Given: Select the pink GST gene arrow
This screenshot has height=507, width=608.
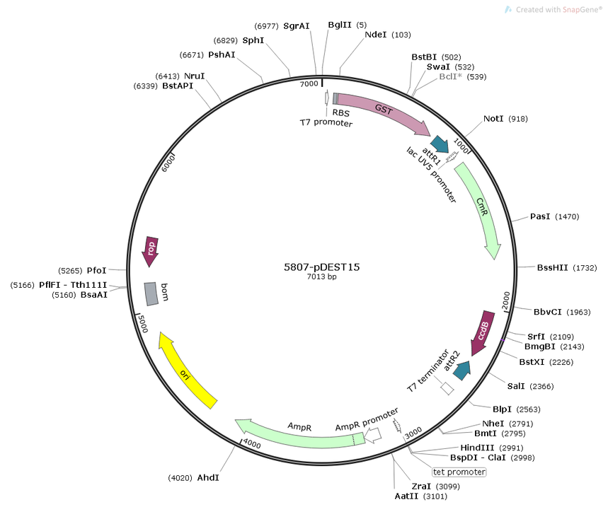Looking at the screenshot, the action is [x=384, y=110].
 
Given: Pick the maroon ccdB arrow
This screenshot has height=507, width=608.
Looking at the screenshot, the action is [x=482, y=332].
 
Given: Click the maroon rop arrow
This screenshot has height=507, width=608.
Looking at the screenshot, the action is [x=150, y=251].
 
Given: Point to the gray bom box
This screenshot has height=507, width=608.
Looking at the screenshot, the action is [x=151, y=294].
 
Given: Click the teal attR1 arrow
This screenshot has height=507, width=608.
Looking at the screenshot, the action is [x=440, y=144].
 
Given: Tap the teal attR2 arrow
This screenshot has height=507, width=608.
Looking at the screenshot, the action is [x=461, y=371].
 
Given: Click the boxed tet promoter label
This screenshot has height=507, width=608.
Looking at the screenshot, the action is [x=459, y=472].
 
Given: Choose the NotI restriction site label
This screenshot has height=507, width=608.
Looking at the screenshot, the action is [x=493, y=119].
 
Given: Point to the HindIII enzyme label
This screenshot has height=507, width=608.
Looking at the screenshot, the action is [x=477, y=448].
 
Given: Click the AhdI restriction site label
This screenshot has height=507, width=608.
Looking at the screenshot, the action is [x=208, y=477].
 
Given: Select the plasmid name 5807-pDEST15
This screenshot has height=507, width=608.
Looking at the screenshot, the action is [x=322, y=267].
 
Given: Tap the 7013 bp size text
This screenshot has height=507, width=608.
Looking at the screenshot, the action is [x=322, y=277].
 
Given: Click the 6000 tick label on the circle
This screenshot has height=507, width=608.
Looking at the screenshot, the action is [x=168, y=163].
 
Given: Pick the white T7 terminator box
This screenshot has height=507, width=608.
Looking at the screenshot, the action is [x=447, y=388].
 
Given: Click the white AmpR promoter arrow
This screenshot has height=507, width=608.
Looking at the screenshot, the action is [x=373, y=436].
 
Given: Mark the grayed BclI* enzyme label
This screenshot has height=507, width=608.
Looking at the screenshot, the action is [x=451, y=76].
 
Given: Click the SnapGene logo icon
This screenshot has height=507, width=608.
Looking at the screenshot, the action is [x=508, y=10].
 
